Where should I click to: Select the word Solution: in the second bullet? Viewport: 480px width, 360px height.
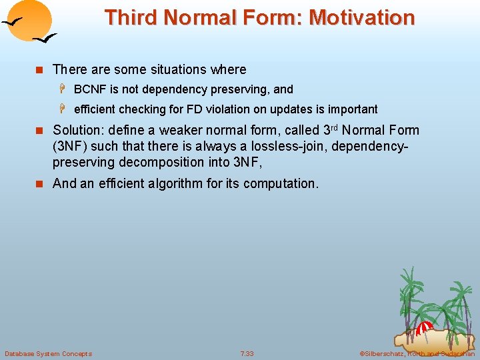(x=79, y=130)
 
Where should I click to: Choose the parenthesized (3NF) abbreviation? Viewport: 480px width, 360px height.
(x=70, y=146)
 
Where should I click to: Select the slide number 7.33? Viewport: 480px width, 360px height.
(x=247, y=353)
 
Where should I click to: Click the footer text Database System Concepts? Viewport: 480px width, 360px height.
(x=48, y=353)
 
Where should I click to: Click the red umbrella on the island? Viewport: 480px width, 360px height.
(x=423, y=327)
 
